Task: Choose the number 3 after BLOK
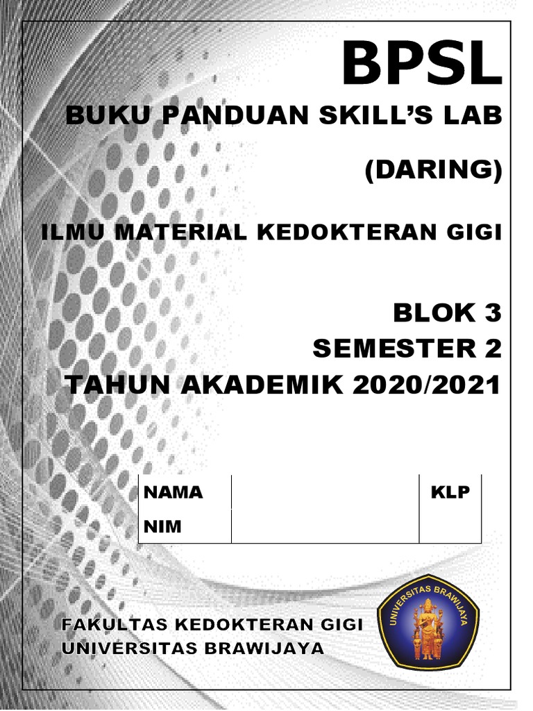492,313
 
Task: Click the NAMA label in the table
173,492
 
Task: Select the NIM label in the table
162,527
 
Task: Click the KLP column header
450,492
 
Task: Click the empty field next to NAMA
325,492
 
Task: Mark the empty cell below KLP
450,527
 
